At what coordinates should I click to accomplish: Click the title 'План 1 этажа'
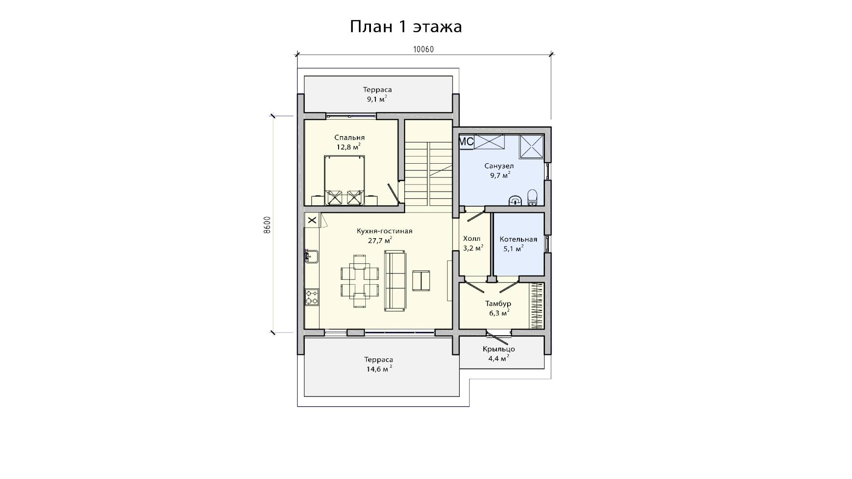click(x=406, y=27)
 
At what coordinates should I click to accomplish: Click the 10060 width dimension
click(x=423, y=49)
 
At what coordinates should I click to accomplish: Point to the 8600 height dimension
click(x=267, y=225)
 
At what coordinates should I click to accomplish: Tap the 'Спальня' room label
click(x=350, y=137)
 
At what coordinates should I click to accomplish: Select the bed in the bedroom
click(x=344, y=180)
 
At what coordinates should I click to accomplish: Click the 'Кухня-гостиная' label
click(x=385, y=231)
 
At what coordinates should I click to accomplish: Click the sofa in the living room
click(x=395, y=280)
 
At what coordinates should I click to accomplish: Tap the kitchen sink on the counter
click(x=311, y=256)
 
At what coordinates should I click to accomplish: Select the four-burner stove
click(x=312, y=297)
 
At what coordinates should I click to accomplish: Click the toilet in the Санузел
click(x=532, y=198)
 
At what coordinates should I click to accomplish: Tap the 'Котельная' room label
click(x=518, y=239)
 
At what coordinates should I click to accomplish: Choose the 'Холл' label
click(x=471, y=239)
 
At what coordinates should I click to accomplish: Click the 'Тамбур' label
click(x=498, y=304)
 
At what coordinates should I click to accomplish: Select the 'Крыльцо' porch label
click(x=499, y=349)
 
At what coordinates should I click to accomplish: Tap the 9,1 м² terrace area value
click(x=377, y=99)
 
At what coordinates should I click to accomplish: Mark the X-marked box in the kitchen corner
click(x=312, y=220)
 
